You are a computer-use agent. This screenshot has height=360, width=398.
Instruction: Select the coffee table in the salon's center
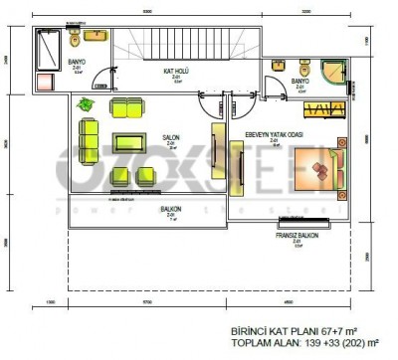tap(130, 141)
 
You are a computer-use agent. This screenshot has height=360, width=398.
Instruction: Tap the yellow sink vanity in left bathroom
tap(97, 37)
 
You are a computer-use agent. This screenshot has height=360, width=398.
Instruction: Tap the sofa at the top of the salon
tap(126, 106)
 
